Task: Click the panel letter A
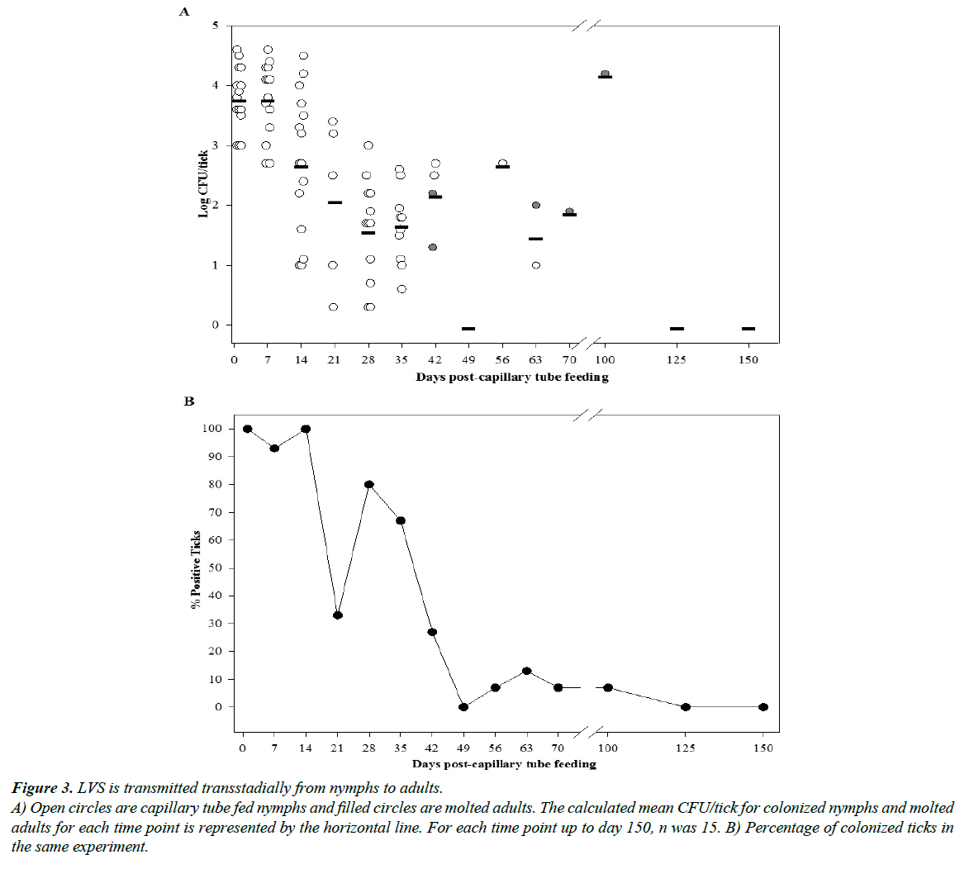pyautogui.click(x=184, y=12)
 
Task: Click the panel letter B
pyautogui.click(x=189, y=401)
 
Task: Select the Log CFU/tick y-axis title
pyautogui.click(x=203, y=183)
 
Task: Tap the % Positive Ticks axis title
pyautogui.click(x=196, y=569)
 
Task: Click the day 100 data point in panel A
pyautogui.click(x=605, y=74)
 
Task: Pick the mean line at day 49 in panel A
pyautogui.click(x=468, y=329)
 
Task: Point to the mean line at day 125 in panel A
pyautogui.click(x=677, y=329)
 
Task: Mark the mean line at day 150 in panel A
pyautogui.click(x=748, y=329)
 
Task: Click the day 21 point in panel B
pyautogui.click(x=338, y=615)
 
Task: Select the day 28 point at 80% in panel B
pyautogui.click(x=369, y=484)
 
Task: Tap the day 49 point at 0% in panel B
pyautogui.click(x=463, y=707)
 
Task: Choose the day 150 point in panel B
pyautogui.click(x=763, y=707)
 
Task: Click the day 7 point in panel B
pyautogui.click(x=274, y=449)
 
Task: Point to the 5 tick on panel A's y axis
pyautogui.click(x=216, y=26)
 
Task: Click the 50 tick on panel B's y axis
pyautogui.click(x=218, y=568)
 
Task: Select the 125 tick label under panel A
pyautogui.click(x=677, y=359)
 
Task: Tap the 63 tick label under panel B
pyautogui.click(x=526, y=748)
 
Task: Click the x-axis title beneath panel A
pyautogui.click(x=511, y=378)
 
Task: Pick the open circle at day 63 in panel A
pyautogui.click(x=536, y=265)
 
